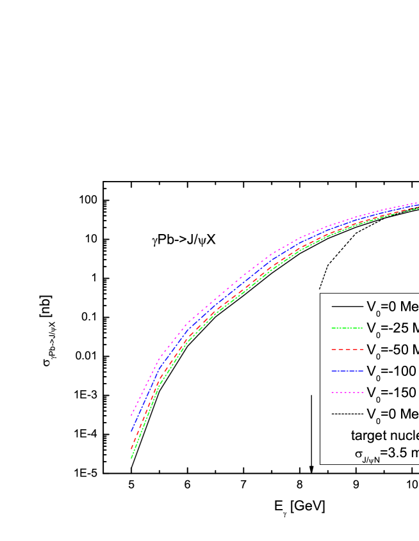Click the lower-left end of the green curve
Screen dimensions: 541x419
(131, 458)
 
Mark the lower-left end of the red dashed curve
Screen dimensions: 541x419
(131, 449)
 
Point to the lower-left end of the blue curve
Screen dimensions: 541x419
(131, 431)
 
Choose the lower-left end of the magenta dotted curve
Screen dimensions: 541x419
(131, 415)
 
